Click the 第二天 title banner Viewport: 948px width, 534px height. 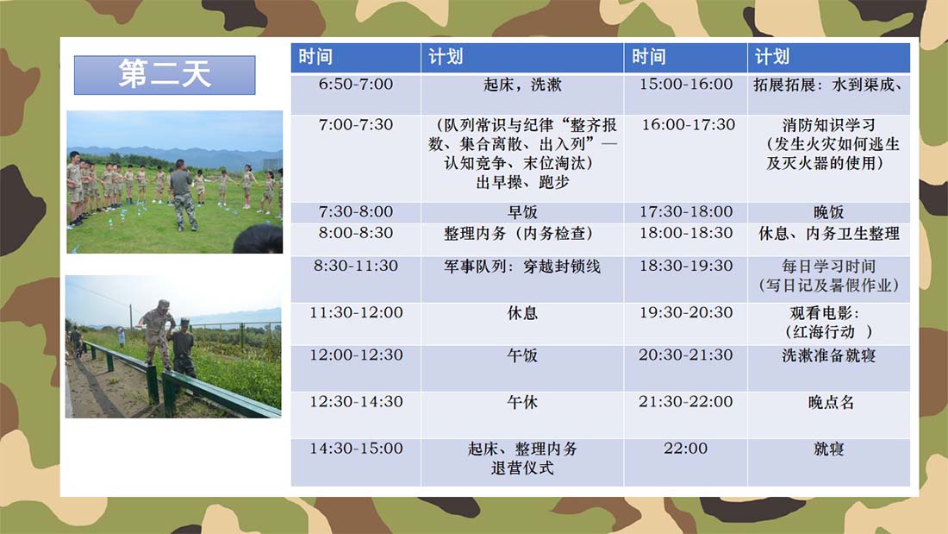[x=165, y=75]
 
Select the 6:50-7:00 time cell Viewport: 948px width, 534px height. [x=355, y=94]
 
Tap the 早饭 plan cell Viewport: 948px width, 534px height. [x=522, y=212]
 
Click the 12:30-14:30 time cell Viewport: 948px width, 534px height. [x=355, y=415]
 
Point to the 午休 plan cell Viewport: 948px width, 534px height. [x=522, y=415]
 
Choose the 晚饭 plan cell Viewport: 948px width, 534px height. [x=829, y=212]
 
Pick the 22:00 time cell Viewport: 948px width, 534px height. [x=686, y=462]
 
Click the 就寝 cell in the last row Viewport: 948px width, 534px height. [x=829, y=462]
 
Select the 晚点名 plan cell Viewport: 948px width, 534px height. [x=829, y=415]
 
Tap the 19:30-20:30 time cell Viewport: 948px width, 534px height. [x=686, y=324]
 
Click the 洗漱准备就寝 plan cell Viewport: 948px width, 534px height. [x=829, y=368]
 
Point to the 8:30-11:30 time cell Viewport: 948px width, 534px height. [x=355, y=280]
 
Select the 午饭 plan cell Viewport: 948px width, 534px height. [x=522, y=368]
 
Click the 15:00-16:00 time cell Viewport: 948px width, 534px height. [x=686, y=94]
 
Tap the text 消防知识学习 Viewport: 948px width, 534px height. [x=829, y=125]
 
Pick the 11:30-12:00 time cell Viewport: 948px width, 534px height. [x=355, y=324]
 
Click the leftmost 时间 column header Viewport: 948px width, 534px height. [x=355, y=58]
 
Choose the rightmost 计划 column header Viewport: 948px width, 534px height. [x=829, y=58]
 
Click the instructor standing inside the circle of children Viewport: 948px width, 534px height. [x=184, y=195]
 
